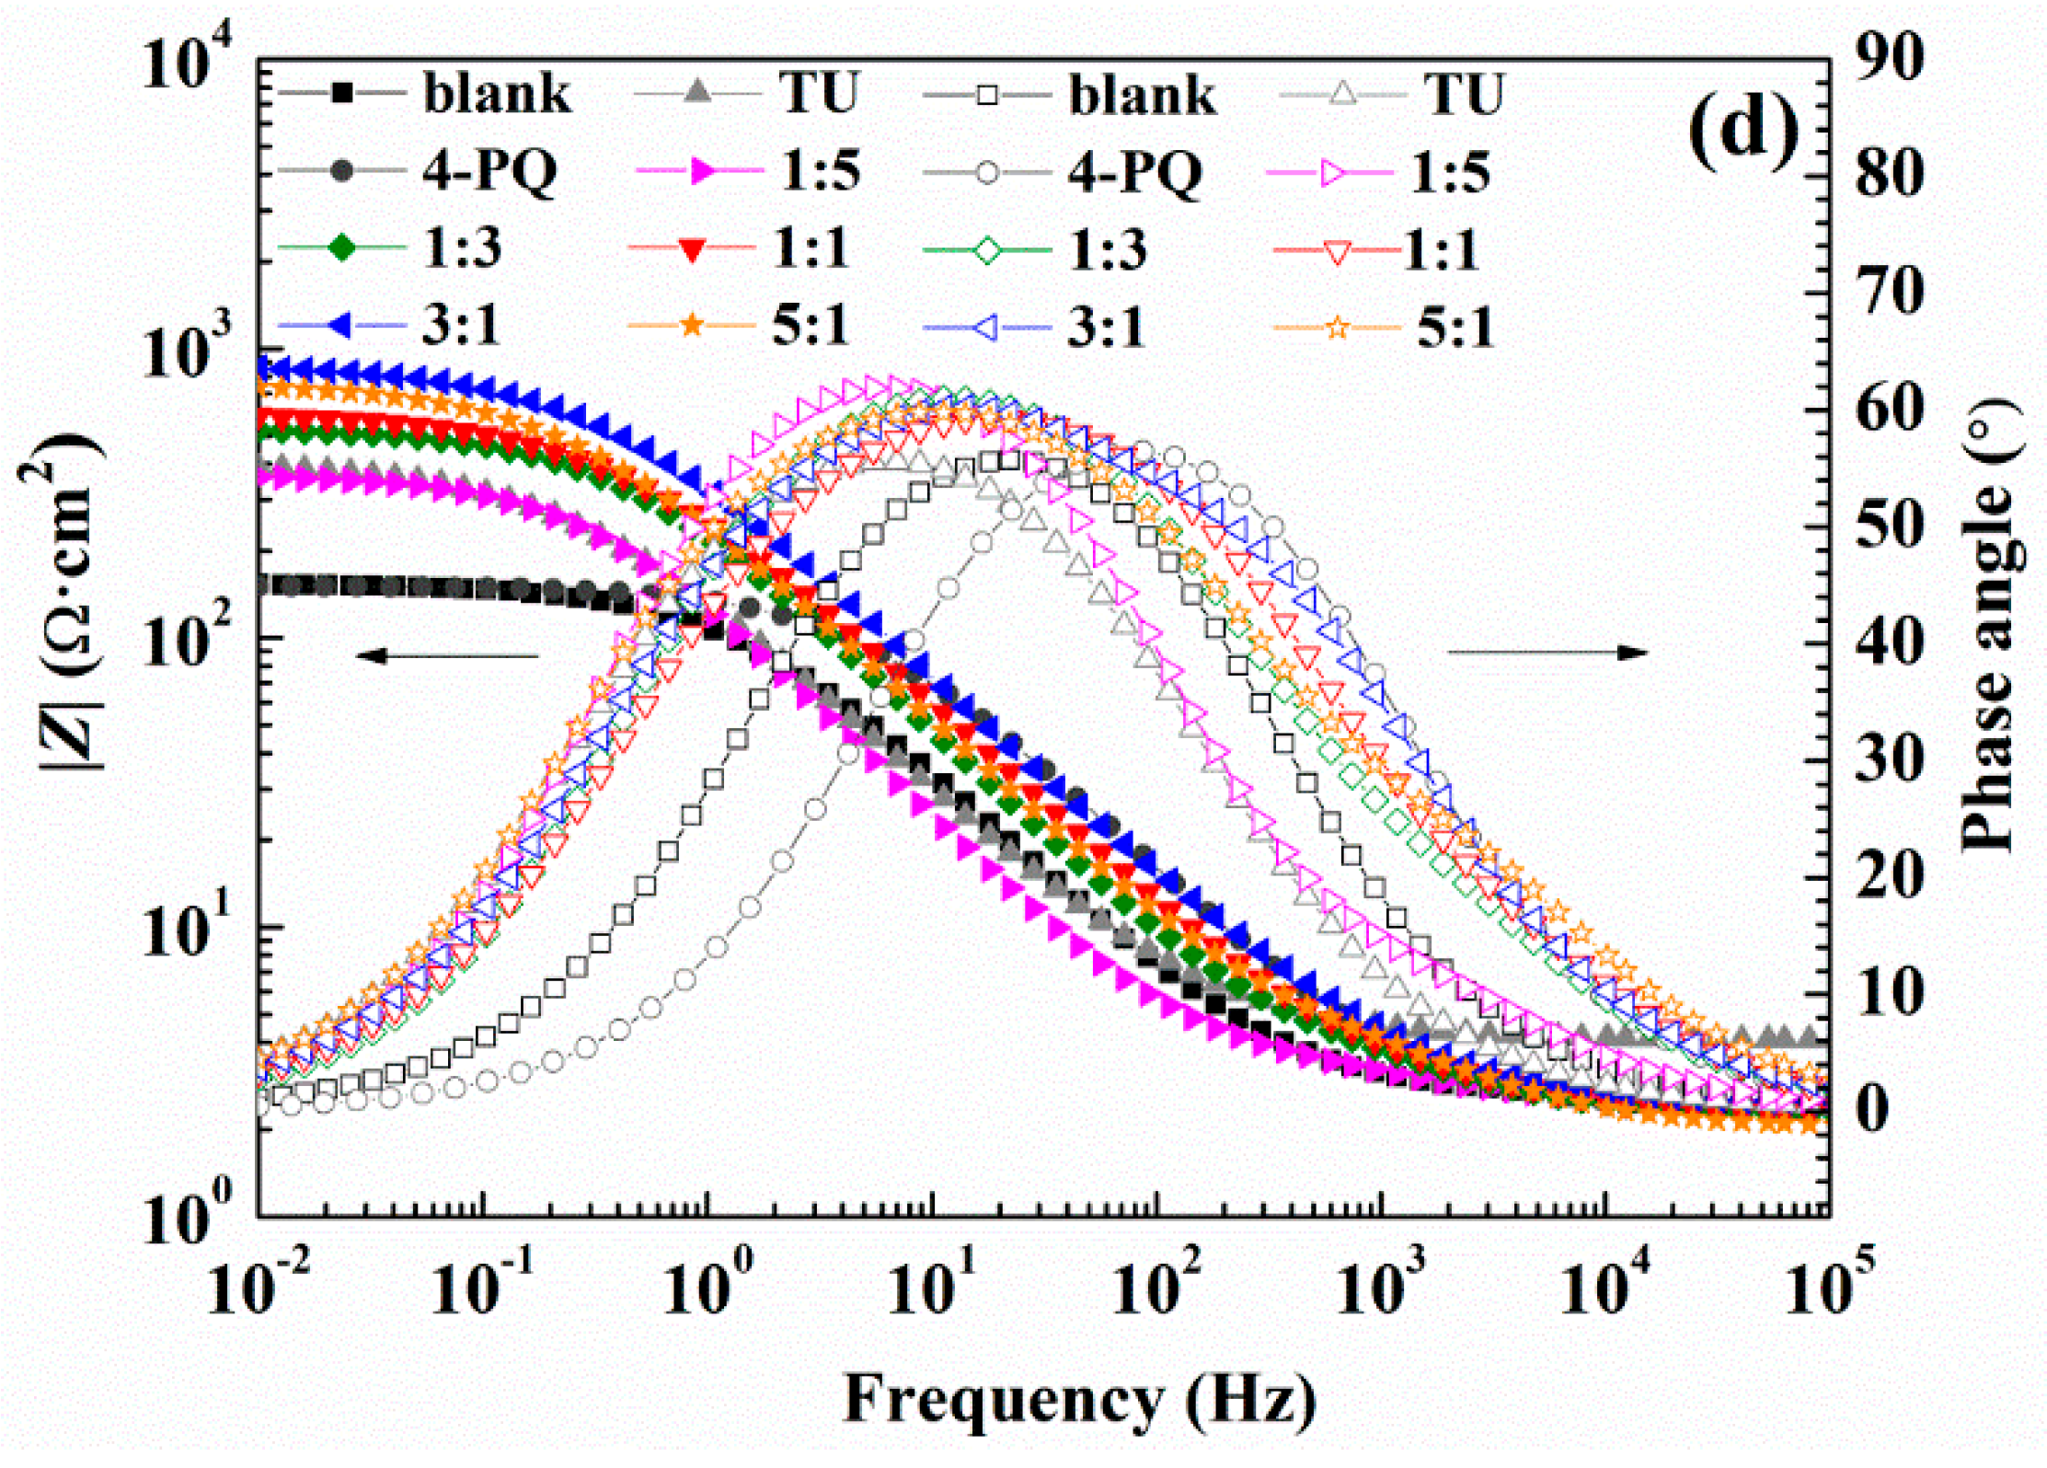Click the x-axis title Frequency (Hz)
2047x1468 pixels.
pos(1078,1400)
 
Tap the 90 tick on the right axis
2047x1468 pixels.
pos(1889,58)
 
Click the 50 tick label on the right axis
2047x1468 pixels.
pos(1889,526)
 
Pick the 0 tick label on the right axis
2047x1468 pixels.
pos(1873,1109)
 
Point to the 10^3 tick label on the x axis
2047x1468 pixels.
pos(1380,1285)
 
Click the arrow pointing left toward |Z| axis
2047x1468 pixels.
pos(446,655)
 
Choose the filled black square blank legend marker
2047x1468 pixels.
pos(342,93)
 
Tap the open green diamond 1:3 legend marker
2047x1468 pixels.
pos(987,249)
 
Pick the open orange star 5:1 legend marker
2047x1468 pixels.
pos(1338,327)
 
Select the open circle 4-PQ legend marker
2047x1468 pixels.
pos(987,172)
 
